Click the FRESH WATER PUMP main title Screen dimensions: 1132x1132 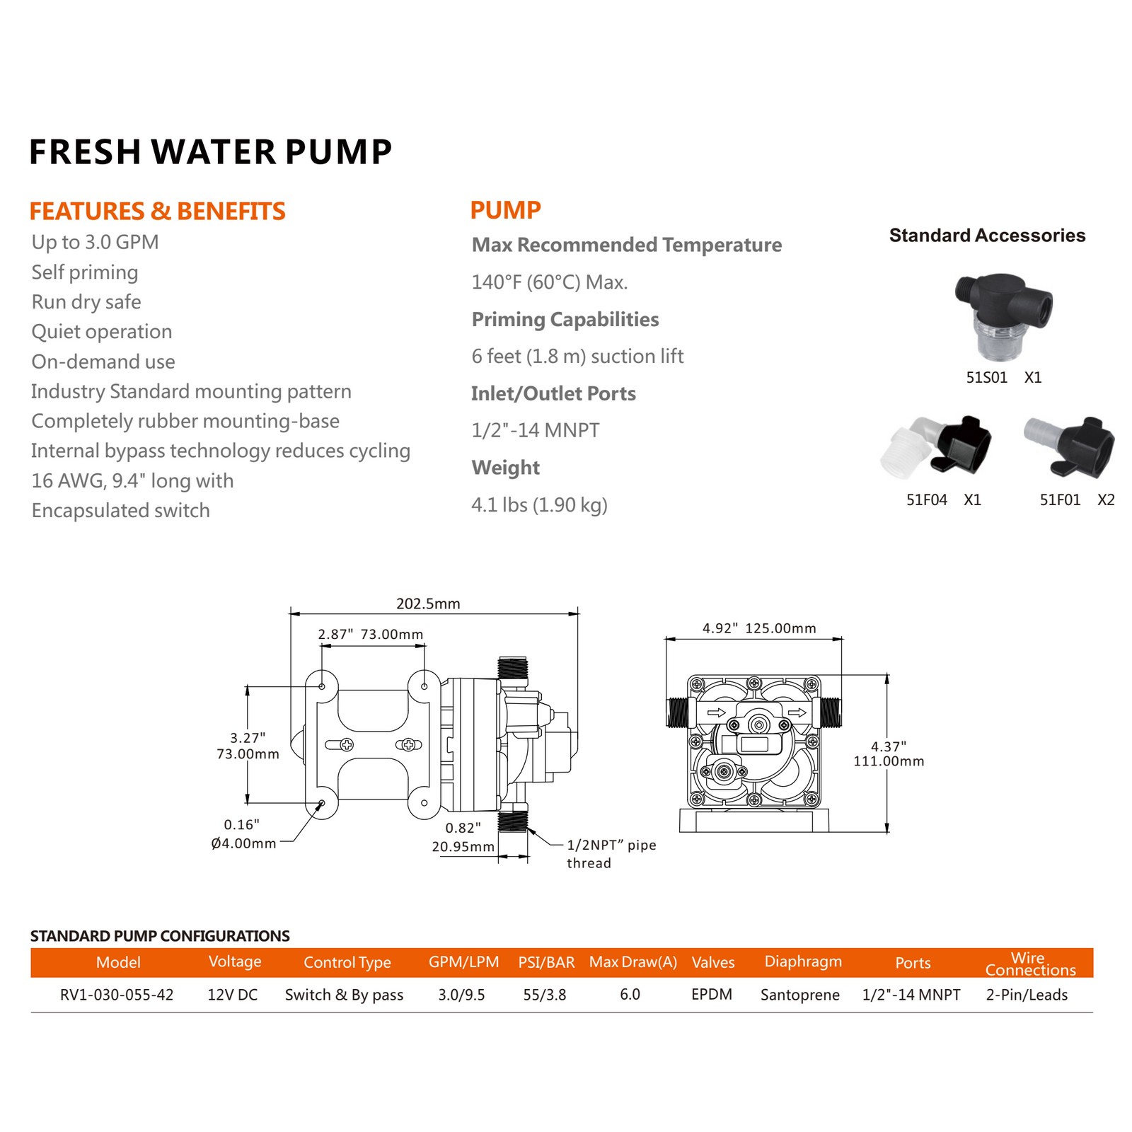pos(210,152)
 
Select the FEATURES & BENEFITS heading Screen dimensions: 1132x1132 pos(157,211)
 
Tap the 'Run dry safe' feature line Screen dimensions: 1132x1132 pos(86,302)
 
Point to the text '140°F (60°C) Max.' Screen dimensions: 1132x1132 pos(550,282)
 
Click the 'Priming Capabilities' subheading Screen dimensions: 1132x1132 pos(565,320)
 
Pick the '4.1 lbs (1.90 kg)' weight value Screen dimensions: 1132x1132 pos(539,505)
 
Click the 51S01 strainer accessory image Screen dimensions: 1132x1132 pos(1003,318)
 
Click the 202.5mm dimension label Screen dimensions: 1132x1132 pos(428,603)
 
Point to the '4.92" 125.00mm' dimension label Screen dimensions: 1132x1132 pos(759,628)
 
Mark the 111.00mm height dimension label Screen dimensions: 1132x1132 pos(889,761)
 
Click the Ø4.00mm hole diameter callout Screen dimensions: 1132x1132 pos(243,843)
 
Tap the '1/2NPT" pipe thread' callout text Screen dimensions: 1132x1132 pos(611,854)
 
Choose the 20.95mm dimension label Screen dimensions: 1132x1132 pos(463,847)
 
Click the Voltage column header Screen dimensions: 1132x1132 pos(235,961)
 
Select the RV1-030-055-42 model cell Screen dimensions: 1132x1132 pos(117,995)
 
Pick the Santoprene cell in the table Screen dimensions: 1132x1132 pos(800,995)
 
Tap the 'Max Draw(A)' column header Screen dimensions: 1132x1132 pos(633,962)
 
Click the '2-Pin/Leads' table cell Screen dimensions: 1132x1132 pos(1027,995)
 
